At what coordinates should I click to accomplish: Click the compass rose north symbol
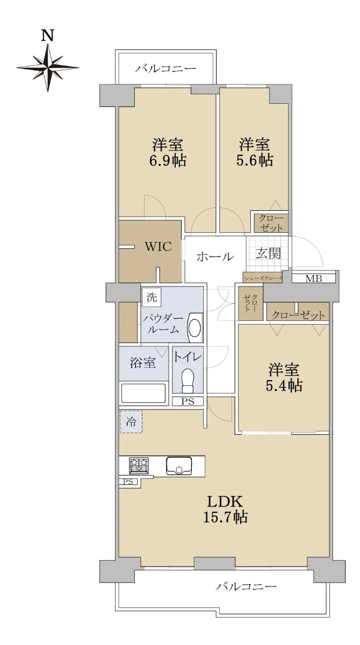click(x=48, y=68)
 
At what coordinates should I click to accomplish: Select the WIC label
click(x=158, y=247)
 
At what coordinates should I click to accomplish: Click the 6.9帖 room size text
click(x=168, y=161)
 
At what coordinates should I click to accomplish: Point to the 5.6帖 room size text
click(x=255, y=160)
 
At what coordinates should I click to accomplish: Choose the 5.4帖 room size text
click(x=284, y=385)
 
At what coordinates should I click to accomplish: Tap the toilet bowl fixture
click(x=188, y=381)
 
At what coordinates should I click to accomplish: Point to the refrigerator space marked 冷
click(x=131, y=422)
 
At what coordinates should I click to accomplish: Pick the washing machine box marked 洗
click(x=152, y=297)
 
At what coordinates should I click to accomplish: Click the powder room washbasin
click(x=195, y=328)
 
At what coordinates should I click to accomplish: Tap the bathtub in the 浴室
click(x=143, y=393)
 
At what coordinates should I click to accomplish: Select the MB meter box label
click(x=313, y=278)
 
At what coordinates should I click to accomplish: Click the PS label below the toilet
click(x=188, y=402)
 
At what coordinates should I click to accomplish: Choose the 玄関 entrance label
click(x=268, y=254)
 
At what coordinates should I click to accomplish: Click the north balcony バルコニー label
click(x=166, y=69)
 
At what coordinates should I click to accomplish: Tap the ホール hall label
click(x=215, y=256)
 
